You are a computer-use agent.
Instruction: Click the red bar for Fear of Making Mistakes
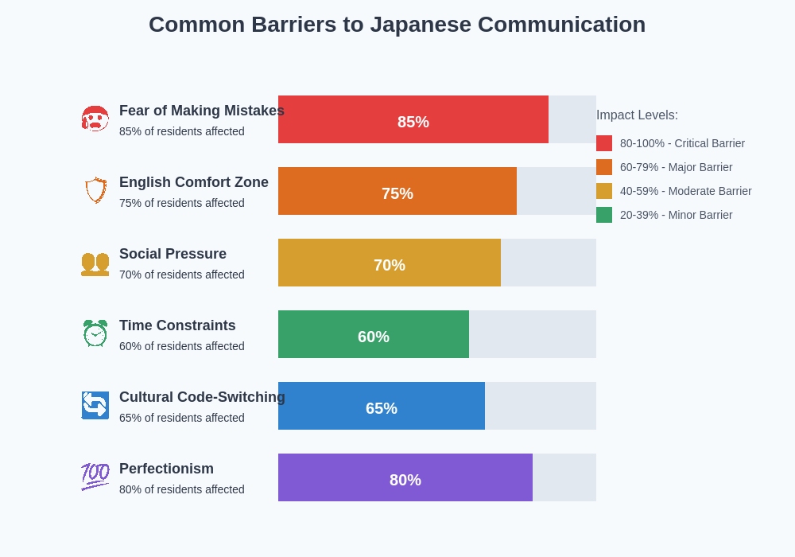342,119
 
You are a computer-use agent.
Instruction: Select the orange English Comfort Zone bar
334,191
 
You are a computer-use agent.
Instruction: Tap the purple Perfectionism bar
334,477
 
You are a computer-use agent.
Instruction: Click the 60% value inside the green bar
374,337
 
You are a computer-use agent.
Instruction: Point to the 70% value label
390,265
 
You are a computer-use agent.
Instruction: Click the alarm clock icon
95,333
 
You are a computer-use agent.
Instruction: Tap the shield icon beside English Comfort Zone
95,190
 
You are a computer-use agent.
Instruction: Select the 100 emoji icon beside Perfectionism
95,477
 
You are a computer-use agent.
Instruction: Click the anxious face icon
95,119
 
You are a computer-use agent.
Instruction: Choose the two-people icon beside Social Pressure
95,263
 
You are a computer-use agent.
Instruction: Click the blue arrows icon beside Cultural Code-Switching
95,405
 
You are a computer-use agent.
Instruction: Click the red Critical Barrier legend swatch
604,143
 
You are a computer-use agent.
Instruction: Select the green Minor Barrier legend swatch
604,215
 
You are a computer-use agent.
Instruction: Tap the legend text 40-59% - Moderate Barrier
685,191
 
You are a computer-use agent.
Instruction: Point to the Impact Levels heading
637,115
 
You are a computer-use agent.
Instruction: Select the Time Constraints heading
177,325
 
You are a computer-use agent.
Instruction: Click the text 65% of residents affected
182,418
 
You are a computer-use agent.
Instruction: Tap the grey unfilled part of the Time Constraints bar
533,334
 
